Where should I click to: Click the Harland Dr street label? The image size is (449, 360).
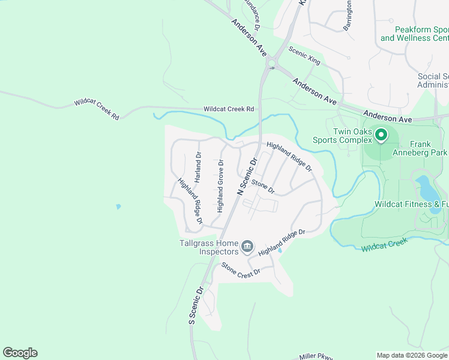[197, 163]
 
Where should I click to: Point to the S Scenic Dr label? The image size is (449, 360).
[196, 304]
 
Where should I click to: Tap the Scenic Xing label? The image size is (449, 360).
[304, 56]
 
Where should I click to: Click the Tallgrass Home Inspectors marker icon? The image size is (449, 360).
[247, 247]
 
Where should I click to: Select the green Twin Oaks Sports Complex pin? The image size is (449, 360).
[381, 136]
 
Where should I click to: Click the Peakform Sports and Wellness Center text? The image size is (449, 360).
[414, 34]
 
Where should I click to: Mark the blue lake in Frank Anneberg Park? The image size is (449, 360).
[428, 188]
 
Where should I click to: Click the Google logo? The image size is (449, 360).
[20, 353]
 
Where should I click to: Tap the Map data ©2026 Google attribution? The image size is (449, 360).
[411, 355]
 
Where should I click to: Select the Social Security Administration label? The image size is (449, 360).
[433, 80]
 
